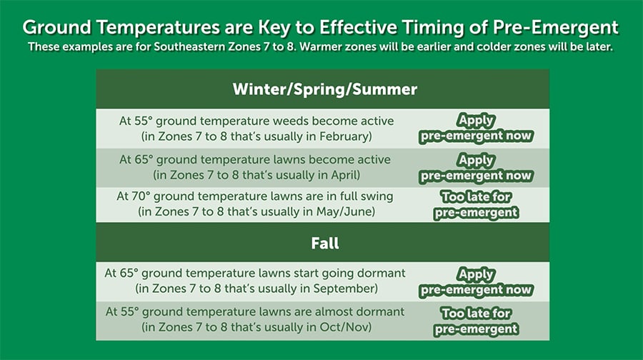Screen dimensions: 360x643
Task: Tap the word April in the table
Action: [344, 174]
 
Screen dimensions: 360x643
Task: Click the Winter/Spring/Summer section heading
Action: [324, 90]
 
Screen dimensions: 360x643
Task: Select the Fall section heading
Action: [324, 244]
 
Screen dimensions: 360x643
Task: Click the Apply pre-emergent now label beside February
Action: [476, 128]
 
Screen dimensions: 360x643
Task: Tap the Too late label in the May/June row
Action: [476, 204]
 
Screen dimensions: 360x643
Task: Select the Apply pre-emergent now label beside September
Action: [476, 281]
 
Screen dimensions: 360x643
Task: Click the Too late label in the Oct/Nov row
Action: [476, 320]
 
